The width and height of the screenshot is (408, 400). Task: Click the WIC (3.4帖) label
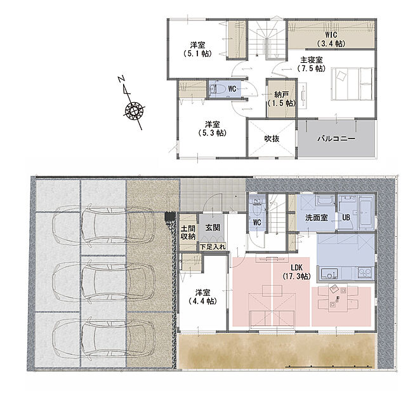331,39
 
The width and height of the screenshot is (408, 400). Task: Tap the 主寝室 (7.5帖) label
311,64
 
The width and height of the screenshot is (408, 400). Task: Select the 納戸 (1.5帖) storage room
282,98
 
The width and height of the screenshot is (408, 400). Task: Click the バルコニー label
336,138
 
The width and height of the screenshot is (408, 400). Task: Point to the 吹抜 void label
272,138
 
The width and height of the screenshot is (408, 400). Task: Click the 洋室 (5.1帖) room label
197,50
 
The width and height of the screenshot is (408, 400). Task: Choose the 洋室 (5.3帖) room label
212,129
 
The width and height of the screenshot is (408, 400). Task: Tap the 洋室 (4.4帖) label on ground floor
202,297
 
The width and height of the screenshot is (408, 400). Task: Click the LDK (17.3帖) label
296,272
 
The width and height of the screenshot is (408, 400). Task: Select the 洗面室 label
317,218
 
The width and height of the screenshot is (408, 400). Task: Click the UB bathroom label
346,218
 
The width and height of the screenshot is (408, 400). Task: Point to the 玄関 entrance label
213,227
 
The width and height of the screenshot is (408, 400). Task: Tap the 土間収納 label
188,233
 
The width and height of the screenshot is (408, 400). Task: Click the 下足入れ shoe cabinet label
213,246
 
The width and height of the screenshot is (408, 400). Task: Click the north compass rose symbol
134,110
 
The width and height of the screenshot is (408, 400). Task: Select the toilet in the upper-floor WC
218,89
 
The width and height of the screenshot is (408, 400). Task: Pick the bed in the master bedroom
352,84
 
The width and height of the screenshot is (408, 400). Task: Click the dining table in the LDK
338,298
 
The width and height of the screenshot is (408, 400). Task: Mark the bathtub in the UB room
366,213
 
